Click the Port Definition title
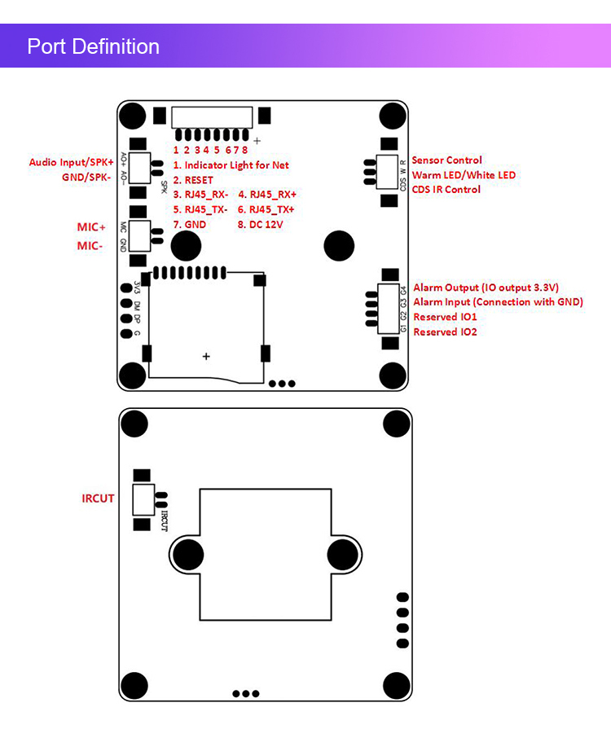point(93,46)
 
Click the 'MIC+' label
point(92,226)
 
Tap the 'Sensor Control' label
point(446,160)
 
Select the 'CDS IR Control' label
point(446,190)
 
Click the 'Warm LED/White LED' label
point(464,175)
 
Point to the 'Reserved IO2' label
point(445,332)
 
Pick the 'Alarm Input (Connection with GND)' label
point(498,302)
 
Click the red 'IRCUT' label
point(98,499)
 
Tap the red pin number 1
point(175,150)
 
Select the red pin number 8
point(245,150)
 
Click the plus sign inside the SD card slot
point(206,357)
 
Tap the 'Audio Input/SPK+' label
point(72,163)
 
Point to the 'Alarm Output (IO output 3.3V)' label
point(486,288)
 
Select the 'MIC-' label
point(90,246)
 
